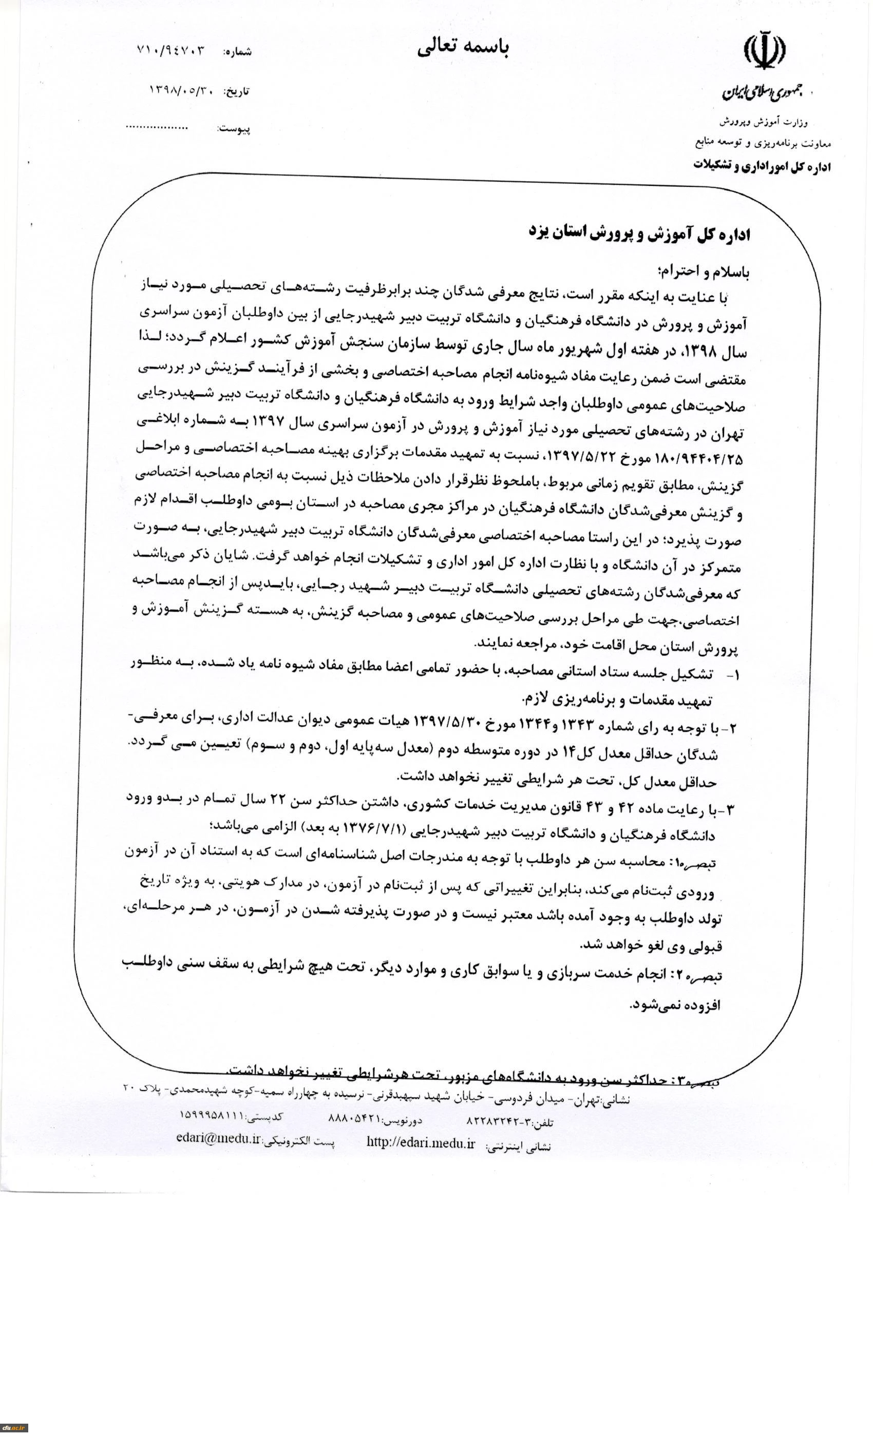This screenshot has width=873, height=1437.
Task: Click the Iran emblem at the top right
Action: coord(764,51)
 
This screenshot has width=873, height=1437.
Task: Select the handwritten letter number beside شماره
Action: coord(172,50)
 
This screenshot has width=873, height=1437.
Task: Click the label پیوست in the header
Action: coord(234,129)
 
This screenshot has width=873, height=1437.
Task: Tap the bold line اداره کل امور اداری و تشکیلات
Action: coord(762,166)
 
